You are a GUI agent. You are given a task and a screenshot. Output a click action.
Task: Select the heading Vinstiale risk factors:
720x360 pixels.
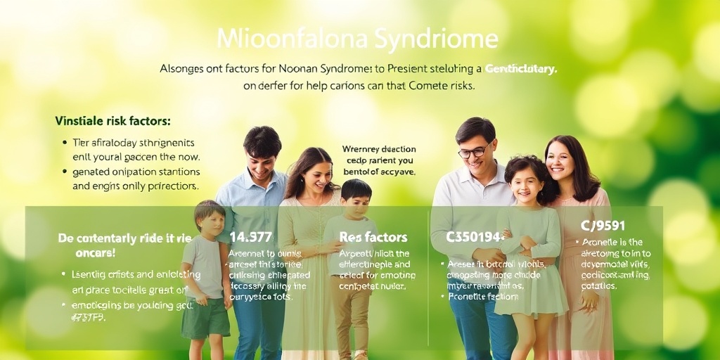point(112,121)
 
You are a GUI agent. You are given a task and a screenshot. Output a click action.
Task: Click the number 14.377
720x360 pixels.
point(250,238)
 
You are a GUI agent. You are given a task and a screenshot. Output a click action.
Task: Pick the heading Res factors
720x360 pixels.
point(373,238)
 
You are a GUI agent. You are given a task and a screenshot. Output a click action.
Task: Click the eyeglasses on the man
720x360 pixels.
point(474,151)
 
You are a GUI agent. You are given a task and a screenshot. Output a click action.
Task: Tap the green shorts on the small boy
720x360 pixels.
point(205,317)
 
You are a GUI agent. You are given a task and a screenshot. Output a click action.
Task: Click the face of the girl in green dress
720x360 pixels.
point(525,184)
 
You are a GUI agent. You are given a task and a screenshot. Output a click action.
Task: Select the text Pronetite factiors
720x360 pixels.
point(475,296)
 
